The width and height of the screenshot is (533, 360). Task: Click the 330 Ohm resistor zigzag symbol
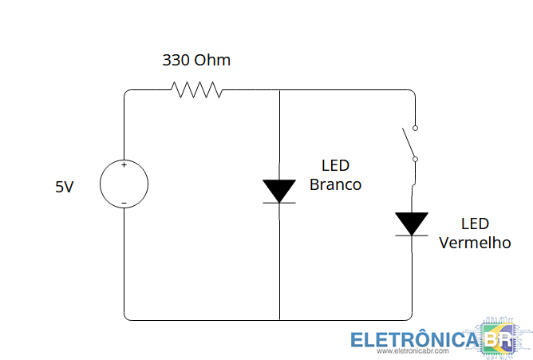coord(196,90)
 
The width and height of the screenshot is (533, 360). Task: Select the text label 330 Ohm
coord(196,60)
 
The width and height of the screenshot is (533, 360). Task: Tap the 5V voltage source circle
coord(124,184)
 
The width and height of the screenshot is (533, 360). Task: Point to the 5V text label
coord(65,187)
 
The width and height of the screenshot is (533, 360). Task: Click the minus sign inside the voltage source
coord(124,203)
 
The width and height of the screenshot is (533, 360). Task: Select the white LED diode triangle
coord(280,191)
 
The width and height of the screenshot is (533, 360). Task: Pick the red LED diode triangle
coord(413,224)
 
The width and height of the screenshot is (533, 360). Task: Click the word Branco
coord(335,185)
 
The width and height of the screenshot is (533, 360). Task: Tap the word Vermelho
coord(475,243)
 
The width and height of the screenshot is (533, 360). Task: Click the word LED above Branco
coord(335,166)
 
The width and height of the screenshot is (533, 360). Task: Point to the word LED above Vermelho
coord(475,224)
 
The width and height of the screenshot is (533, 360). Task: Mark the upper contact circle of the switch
coord(415,127)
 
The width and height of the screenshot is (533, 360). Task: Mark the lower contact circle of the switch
coord(415,159)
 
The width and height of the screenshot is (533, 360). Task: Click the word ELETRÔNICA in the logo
coord(416,339)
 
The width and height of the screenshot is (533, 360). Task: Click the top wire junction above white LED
coord(280,90)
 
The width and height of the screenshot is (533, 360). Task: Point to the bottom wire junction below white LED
coord(280,319)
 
